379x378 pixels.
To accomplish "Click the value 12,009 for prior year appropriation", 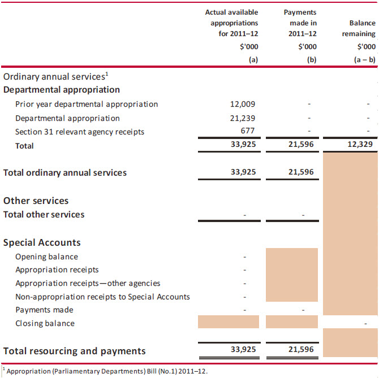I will point(243,104).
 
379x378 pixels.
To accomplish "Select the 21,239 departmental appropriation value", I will point(243,118).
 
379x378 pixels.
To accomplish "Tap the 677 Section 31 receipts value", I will point(248,132).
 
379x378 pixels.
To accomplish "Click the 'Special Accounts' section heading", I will point(42,242).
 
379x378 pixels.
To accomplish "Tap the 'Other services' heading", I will point(36,201).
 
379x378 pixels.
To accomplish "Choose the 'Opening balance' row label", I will point(46,257).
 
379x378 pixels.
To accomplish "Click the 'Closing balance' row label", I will point(45,323).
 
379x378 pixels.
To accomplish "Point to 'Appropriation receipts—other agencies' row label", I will point(88,283).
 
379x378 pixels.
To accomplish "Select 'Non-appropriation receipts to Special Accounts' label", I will point(102,297).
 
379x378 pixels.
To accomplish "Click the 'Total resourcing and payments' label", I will point(74,351).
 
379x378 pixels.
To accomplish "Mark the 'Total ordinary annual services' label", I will point(65,172).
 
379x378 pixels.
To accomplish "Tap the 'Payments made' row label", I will point(44,310).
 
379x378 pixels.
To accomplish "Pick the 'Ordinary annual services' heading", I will point(54,76).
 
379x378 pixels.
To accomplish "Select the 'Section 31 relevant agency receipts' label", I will point(80,132).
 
